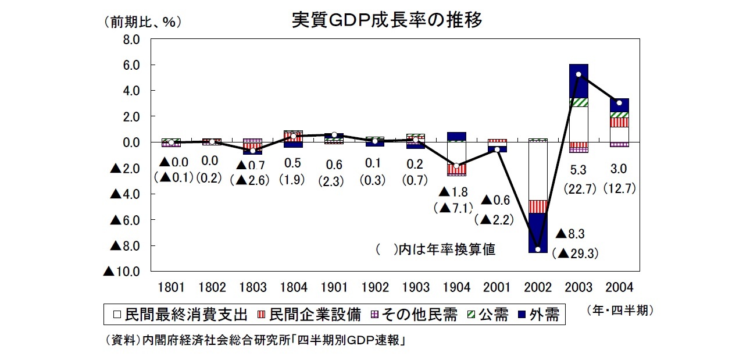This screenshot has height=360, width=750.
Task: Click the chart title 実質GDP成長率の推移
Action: click(387, 20)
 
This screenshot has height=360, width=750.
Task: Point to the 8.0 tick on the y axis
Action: click(128, 40)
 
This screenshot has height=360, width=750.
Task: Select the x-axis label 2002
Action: click(538, 287)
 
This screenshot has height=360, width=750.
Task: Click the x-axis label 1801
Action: click(172, 287)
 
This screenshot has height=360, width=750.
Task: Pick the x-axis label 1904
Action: click(456, 287)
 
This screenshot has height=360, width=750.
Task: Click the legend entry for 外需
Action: click(538, 315)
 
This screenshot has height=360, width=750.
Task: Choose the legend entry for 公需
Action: click(487, 315)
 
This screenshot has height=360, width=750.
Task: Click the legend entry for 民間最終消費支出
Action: click(180, 315)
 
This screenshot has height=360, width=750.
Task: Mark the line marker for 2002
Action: click(538, 249)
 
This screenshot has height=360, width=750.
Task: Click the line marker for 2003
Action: click(578, 74)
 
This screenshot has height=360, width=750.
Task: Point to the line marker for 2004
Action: click(619, 103)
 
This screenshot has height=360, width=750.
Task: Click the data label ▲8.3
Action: click(573, 234)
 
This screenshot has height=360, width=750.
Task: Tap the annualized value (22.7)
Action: click(578, 188)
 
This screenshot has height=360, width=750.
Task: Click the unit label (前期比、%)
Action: click(142, 22)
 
